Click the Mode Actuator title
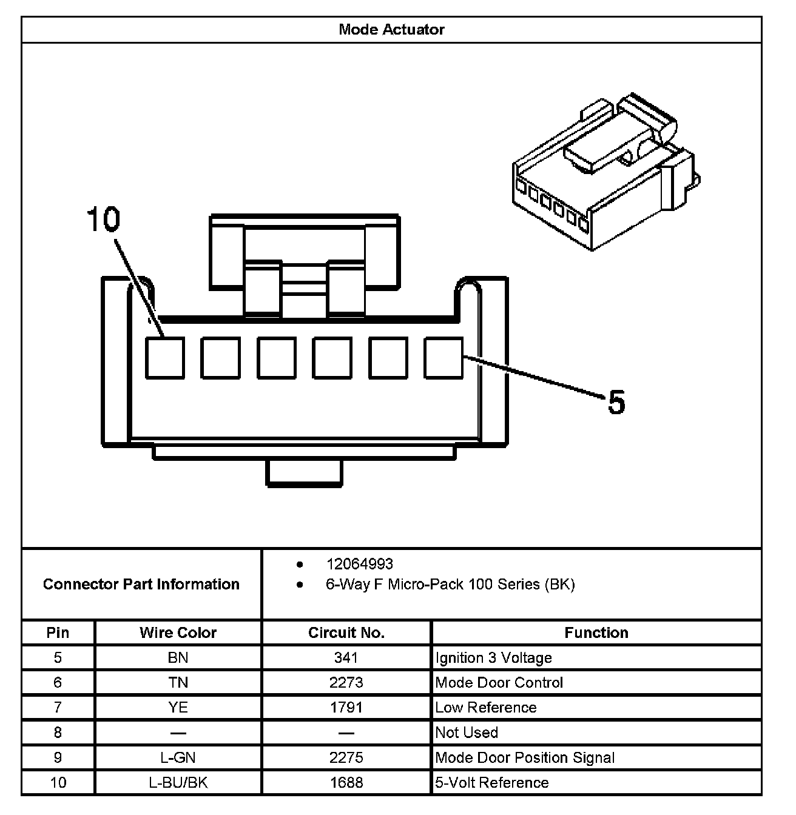(x=391, y=30)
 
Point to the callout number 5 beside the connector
(x=616, y=402)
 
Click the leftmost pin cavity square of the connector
(x=164, y=358)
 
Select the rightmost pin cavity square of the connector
(x=444, y=358)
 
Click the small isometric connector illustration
(x=604, y=173)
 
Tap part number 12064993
(x=360, y=564)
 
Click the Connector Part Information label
(x=141, y=584)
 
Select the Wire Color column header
(x=178, y=632)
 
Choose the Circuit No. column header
(x=346, y=632)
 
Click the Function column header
(x=596, y=632)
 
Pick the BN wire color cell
(x=178, y=658)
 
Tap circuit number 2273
(x=346, y=683)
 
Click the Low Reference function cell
(x=486, y=708)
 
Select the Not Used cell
(x=467, y=733)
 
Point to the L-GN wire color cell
(x=178, y=757)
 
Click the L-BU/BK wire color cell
(x=178, y=782)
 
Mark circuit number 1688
(x=346, y=782)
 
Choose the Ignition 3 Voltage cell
(x=494, y=658)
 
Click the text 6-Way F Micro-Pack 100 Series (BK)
(x=450, y=585)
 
